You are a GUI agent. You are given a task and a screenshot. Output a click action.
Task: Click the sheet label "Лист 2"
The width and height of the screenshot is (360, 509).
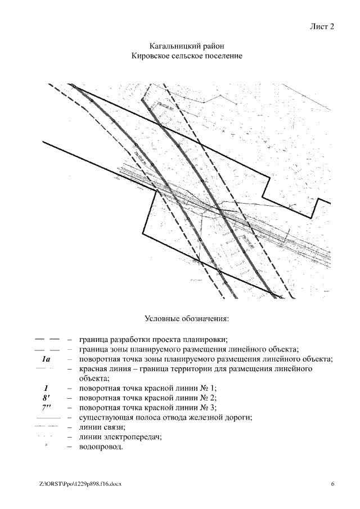tap(322, 26)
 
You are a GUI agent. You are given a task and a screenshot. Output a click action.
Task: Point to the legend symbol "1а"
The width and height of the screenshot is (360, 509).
tap(46, 359)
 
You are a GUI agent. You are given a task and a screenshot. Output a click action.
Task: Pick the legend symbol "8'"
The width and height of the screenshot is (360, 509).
tap(46, 398)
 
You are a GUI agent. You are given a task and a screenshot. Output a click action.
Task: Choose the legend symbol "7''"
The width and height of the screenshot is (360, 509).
tap(46, 407)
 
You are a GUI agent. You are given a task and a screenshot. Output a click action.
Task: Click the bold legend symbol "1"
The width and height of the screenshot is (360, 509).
tap(46, 388)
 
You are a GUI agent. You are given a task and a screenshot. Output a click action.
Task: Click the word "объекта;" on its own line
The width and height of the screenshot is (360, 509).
tap(96, 379)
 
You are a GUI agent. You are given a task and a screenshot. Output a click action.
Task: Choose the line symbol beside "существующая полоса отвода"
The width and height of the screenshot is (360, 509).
tap(47, 418)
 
